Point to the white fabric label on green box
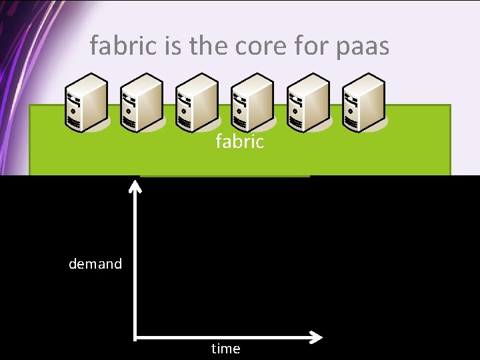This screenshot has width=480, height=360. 239,141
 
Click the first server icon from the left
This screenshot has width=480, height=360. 86,103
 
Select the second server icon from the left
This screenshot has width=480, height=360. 141,103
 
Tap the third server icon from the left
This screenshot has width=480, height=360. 197,103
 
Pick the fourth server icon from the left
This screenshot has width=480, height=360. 252,103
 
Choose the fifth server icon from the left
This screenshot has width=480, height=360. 307,103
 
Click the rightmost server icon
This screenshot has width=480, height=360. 363,103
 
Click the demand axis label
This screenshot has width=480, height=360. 95,264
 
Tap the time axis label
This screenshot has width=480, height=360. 225,349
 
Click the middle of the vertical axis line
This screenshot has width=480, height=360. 135,263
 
